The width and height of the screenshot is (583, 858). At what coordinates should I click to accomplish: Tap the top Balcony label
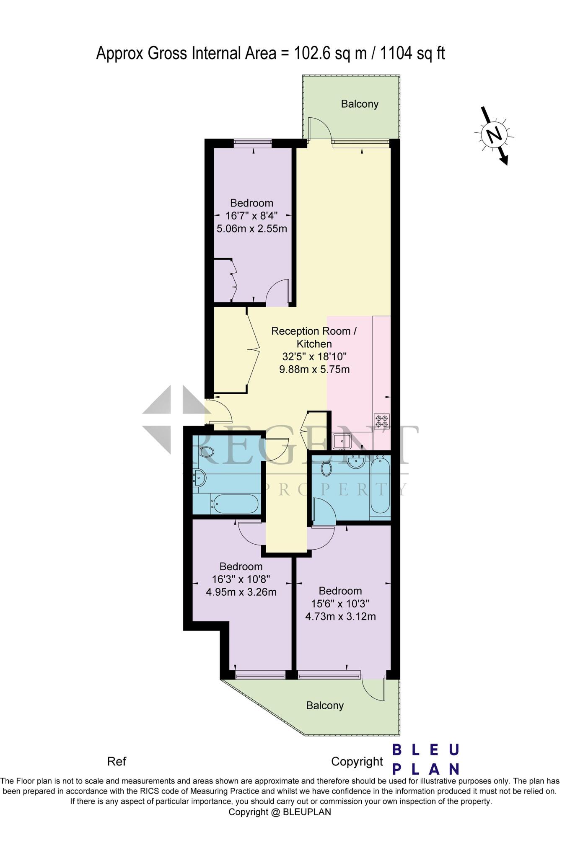pos(359,104)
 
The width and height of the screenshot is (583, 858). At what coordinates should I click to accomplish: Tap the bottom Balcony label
pos(325,706)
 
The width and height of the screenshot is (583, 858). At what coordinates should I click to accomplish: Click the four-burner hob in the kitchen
pos(382,421)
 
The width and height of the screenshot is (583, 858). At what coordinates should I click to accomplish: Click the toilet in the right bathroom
pos(326,467)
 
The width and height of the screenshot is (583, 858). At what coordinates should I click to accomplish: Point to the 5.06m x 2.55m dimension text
pos(251,229)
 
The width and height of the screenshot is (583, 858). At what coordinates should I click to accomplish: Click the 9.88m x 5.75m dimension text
pos(314,370)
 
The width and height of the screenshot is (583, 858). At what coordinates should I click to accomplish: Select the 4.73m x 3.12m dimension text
pos(340,616)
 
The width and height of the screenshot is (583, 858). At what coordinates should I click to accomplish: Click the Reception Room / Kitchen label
pos(314,337)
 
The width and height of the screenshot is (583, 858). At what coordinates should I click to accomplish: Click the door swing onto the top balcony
pos(319,128)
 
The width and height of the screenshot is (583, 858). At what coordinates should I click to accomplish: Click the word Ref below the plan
pos(117,761)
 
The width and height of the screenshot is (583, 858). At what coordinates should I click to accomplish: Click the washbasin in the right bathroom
pos(355,462)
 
